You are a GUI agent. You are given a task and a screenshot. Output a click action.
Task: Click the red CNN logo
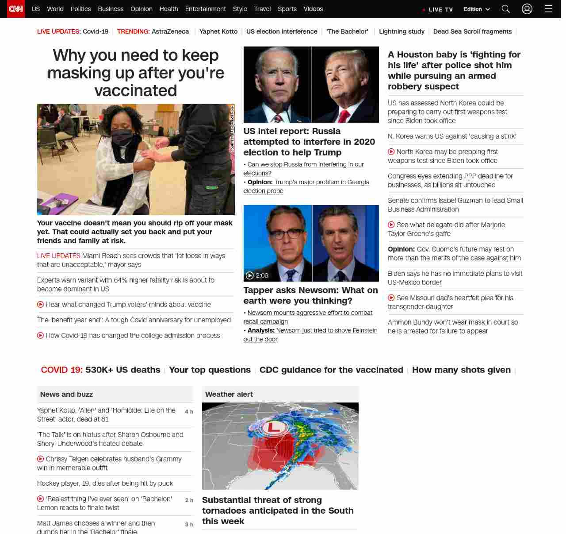(16, 9)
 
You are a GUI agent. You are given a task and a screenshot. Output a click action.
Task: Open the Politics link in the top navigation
(80, 9)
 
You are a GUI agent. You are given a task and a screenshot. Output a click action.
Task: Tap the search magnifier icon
(505, 9)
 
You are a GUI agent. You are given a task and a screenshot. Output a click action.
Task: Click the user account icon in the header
(527, 9)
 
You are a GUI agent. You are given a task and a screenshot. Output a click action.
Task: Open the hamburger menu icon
(548, 9)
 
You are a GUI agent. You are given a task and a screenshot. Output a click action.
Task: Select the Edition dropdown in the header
(477, 9)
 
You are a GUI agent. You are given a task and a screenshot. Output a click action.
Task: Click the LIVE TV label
(440, 10)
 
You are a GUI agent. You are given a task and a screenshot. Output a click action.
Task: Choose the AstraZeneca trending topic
(170, 31)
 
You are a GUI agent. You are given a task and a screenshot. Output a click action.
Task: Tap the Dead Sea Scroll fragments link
(472, 31)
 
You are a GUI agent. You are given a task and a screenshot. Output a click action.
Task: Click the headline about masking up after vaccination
(136, 73)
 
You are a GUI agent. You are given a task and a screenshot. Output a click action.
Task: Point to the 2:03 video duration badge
(257, 275)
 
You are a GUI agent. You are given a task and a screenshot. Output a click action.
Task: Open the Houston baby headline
(454, 70)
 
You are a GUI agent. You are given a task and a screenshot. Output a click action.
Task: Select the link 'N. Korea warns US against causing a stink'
(452, 136)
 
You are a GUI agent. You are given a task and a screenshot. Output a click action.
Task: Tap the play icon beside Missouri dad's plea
(391, 298)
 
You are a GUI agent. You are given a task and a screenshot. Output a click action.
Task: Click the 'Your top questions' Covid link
(210, 370)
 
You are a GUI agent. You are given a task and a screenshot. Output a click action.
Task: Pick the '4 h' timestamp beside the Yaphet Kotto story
(189, 412)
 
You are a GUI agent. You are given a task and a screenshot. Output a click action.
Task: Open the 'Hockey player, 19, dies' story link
(105, 484)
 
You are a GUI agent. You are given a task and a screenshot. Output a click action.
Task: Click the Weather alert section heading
(229, 394)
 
